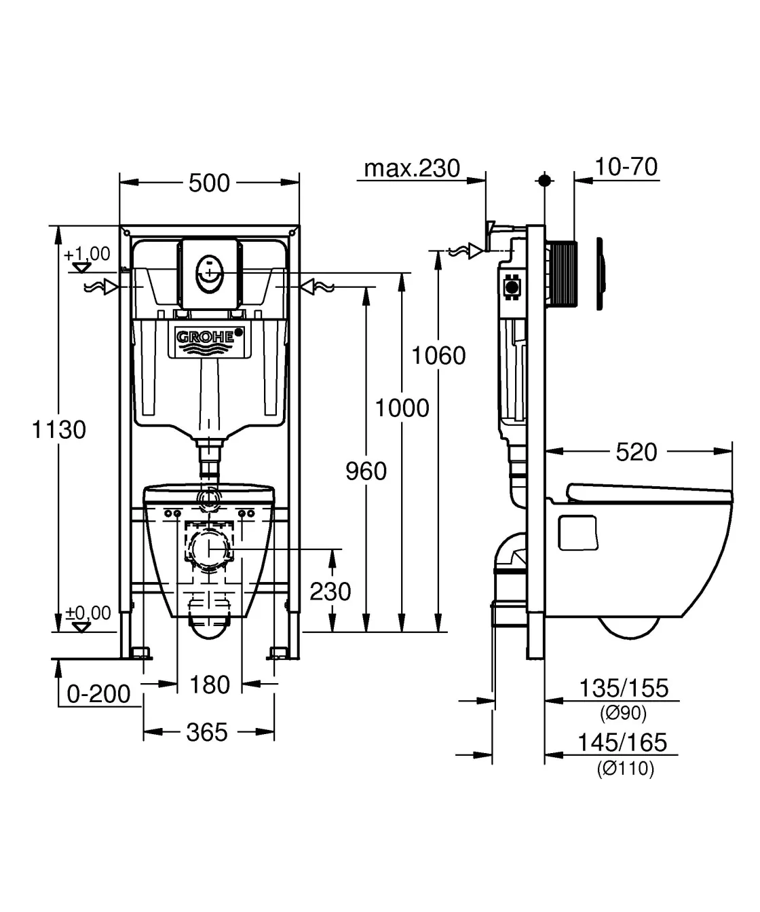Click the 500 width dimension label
tap(209, 183)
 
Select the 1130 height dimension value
tap(60, 429)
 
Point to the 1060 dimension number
tap(439, 355)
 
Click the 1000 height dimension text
tap(402, 407)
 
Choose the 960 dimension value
tap(366, 471)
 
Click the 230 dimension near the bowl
tap(330, 591)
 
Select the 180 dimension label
tap(210, 685)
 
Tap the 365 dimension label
tap(207, 732)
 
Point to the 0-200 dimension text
tap(99, 693)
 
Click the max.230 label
tap(412, 168)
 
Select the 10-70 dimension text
tap(626, 166)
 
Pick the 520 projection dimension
tap(636, 452)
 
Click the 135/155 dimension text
tap(623, 689)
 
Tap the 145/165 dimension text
tap(622, 742)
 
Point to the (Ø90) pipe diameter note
tap(623, 713)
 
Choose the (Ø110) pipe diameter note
tap(625, 769)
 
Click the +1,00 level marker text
tap(87, 254)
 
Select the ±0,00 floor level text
tap(88, 613)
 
